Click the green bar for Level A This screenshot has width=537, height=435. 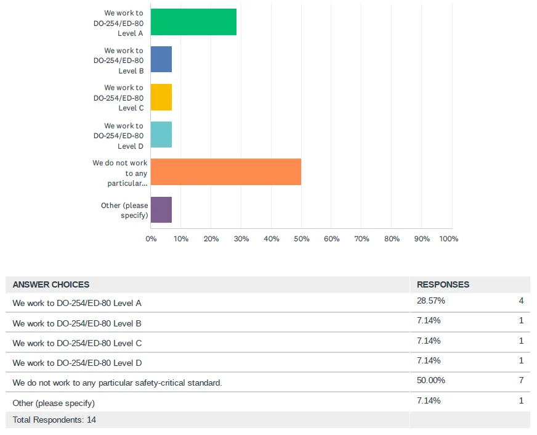pos(193,22)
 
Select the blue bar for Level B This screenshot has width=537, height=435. pos(161,59)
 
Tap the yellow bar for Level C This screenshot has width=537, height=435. pos(161,97)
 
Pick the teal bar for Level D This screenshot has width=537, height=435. pos(161,135)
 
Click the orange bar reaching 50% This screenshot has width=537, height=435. pos(226,172)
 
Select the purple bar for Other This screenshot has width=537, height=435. pos(161,210)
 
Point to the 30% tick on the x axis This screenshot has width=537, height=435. pos(241,239)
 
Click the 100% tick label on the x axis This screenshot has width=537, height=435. pos(449,239)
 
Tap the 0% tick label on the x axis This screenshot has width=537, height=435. pos(151,239)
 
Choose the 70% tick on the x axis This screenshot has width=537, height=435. pos(361,239)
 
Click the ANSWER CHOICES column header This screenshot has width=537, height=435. pos(51,284)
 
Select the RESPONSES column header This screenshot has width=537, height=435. pos(443,284)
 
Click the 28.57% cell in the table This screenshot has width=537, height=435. pos(431,301)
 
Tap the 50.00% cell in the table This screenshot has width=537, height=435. pos(431,380)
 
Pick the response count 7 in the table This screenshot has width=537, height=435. pos(521,380)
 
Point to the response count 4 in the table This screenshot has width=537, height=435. pos(521,301)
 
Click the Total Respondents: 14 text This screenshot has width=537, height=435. pos(54,420)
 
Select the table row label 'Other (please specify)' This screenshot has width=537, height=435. pos(54,403)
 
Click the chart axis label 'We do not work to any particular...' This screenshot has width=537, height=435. pos(121,173)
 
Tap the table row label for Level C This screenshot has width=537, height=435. pos(77,343)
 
